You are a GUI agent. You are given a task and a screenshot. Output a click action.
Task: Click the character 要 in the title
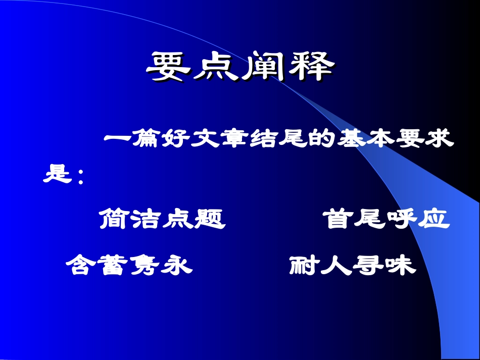click(x=169, y=67)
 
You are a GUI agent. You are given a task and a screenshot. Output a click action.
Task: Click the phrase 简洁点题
click(x=162, y=220)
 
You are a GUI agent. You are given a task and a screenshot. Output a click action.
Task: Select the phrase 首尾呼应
click(x=386, y=220)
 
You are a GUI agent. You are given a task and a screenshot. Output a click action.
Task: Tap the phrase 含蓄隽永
click(x=129, y=265)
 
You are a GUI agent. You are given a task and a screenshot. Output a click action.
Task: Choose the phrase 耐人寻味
click(x=353, y=265)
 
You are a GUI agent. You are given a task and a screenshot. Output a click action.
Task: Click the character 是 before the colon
click(x=56, y=174)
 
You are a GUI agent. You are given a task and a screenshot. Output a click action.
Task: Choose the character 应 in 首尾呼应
click(x=434, y=220)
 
